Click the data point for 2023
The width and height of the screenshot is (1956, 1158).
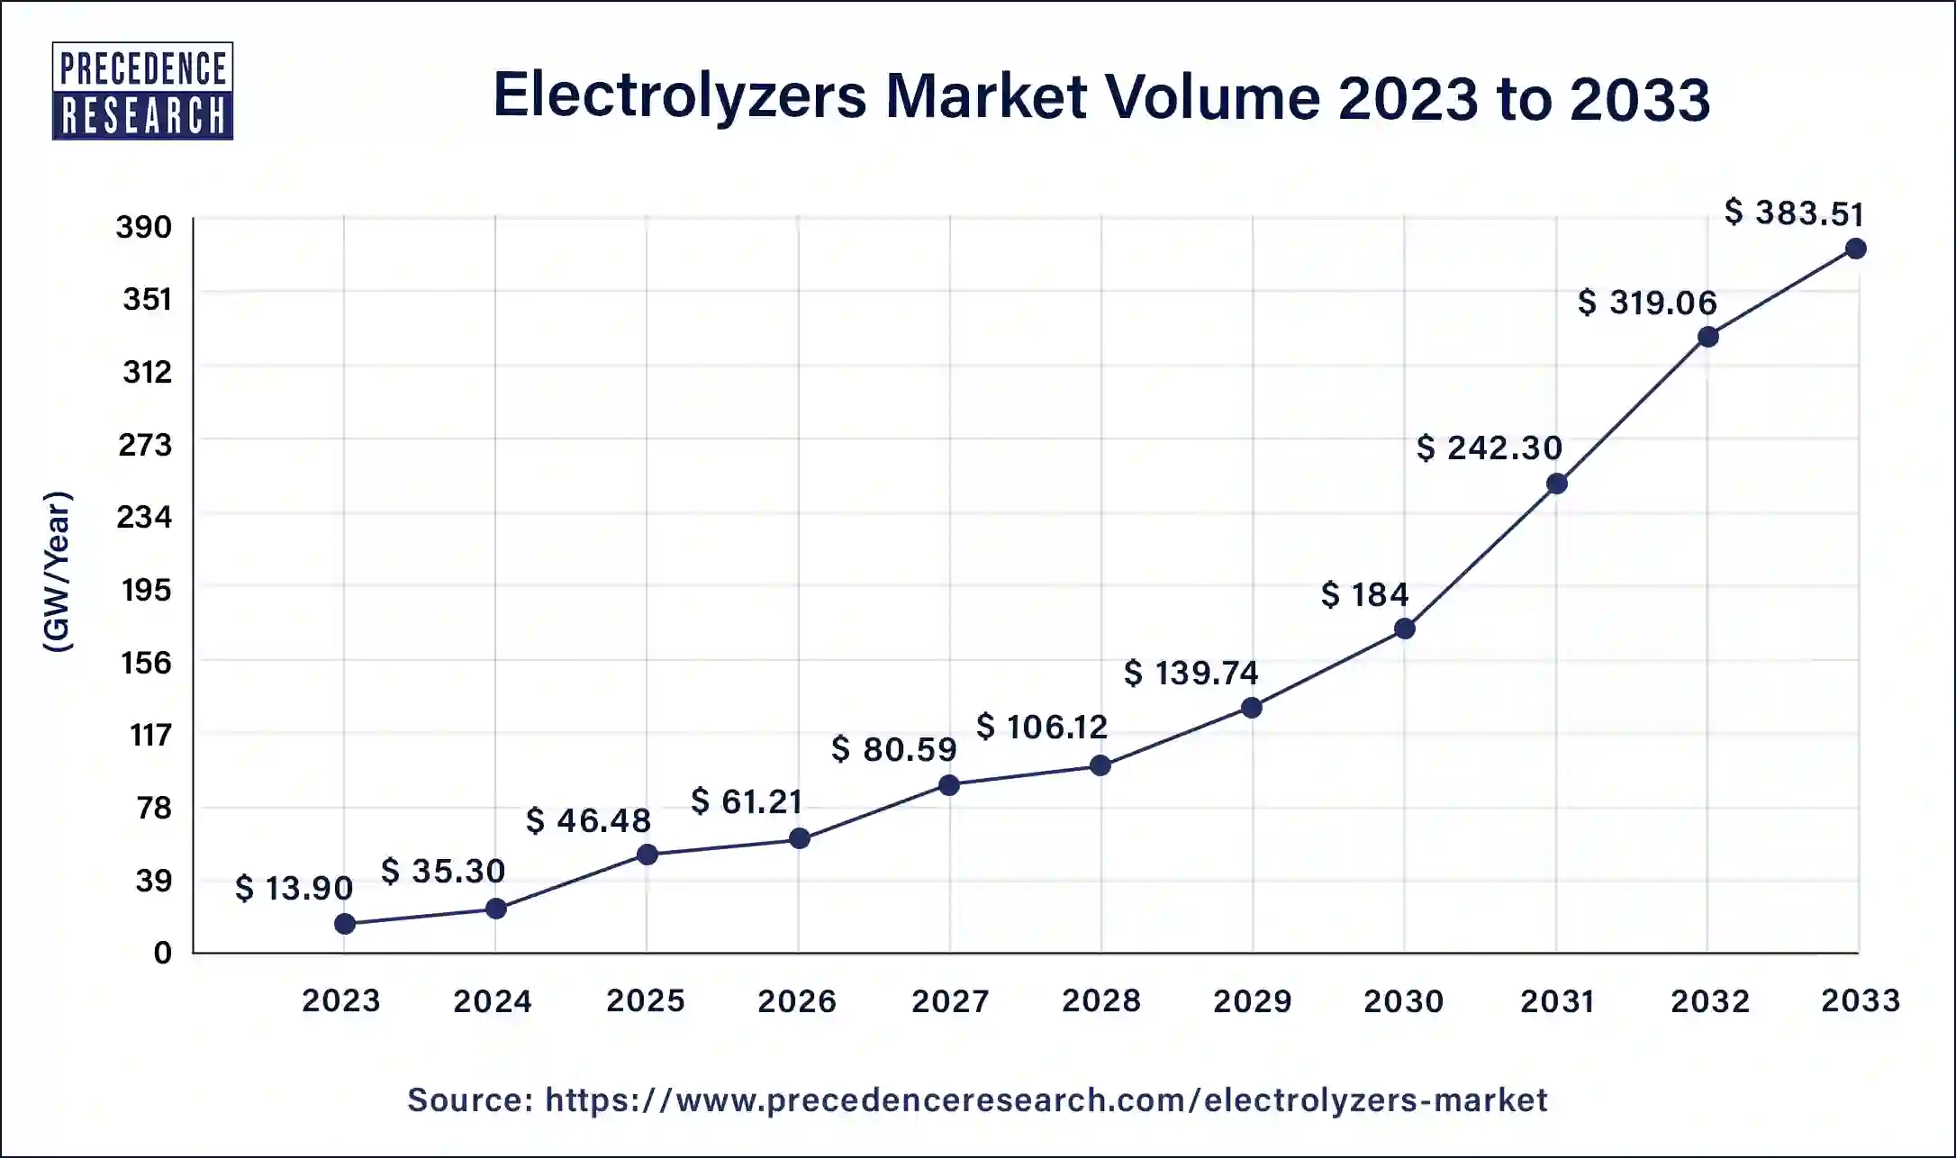click(x=344, y=924)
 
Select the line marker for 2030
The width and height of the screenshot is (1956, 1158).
click(x=1404, y=629)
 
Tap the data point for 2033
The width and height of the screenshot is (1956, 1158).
click(x=1855, y=249)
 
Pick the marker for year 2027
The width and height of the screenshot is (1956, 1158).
click(x=948, y=785)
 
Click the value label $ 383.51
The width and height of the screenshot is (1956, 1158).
click(x=1794, y=213)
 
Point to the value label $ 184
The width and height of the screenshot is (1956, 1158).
click(x=1364, y=594)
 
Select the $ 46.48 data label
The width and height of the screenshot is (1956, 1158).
click(x=588, y=820)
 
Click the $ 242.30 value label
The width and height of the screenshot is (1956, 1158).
click(x=1489, y=448)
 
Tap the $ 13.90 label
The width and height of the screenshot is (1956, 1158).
click(x=294, y=889)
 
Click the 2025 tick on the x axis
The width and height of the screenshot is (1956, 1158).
click(x=645, y=1000)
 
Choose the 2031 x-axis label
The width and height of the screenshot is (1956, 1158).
click(x=1557, y=1000)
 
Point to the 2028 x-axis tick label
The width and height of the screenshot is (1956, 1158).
click(x=1100, y=1000)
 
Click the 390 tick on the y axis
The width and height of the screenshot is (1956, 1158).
click(x=143, y=227)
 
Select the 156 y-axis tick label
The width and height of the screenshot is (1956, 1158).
click(x=146, y=663)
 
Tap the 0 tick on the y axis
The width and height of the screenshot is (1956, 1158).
click(x=162, y=953)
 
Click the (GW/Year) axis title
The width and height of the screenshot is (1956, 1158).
click(x=58, y=571)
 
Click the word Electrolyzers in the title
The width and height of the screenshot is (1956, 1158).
click(x=680, y=96)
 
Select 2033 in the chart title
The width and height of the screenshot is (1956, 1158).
click(x=1639, y=98)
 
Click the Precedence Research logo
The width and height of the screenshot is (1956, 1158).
click(x=142, y=91)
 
